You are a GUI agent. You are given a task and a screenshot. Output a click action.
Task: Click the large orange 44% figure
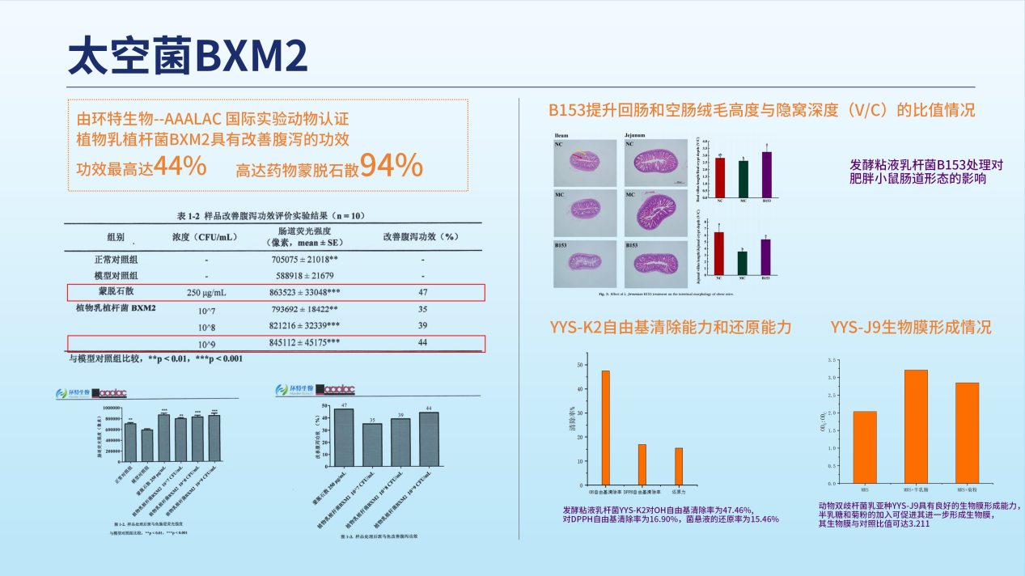point(180,166)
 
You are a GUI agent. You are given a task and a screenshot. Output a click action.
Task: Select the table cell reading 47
point(422,291)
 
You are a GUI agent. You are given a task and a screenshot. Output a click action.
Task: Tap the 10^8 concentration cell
point(206,325)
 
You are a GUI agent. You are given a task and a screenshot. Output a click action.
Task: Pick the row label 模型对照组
point(115,276)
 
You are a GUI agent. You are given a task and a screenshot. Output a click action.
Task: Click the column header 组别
point(115,238)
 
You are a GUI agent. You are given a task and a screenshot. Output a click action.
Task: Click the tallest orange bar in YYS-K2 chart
point(605,426)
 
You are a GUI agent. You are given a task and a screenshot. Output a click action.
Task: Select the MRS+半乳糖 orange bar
point(916,426)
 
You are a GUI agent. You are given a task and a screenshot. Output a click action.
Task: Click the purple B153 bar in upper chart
point(765,174)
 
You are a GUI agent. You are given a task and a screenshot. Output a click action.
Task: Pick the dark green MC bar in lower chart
point(742,263)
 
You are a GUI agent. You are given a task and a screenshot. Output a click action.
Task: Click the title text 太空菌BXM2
point(188,57)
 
